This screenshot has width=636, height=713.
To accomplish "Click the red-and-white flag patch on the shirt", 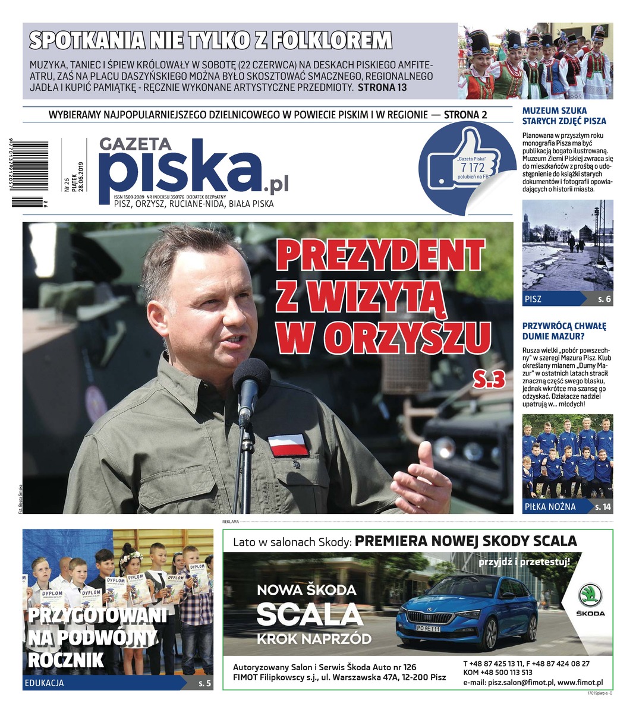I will click(288, 444).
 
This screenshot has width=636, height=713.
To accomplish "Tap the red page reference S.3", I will click(489, 378).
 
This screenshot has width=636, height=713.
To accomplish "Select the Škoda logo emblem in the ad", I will click(590, 595).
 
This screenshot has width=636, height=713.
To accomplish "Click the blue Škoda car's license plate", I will click(427, 628).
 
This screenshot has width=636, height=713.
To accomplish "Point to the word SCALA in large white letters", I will click(308, 615).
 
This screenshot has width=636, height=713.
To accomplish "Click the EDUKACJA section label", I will click(45, 683).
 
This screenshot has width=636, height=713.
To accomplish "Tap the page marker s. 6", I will click(604, 299).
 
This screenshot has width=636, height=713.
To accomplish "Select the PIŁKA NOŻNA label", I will click(550, 507).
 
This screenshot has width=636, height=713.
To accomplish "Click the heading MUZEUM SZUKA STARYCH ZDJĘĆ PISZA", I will click(563, 116).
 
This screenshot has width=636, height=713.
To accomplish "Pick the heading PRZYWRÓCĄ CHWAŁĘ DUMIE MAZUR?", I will click(563, 331).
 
